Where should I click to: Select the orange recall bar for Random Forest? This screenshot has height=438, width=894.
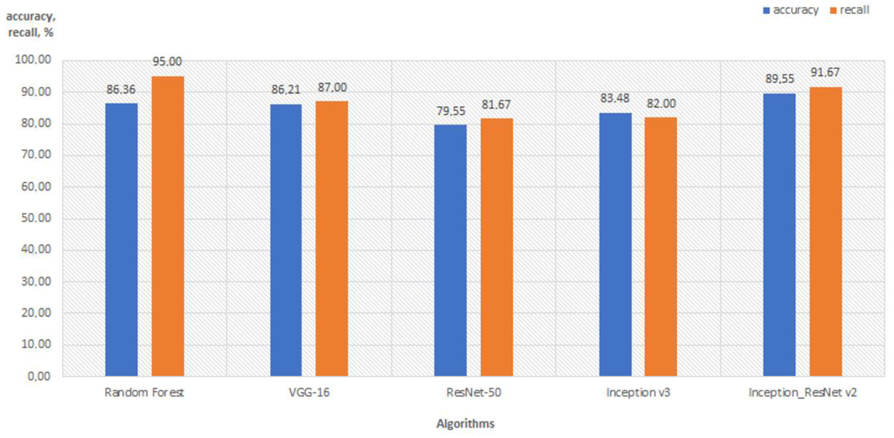click(167, 226)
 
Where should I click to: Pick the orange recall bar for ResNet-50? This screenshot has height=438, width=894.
click(497, 247)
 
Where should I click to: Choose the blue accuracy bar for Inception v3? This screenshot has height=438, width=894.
click(615, 243)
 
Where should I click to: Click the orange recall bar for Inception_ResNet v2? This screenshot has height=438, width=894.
click(826, 231)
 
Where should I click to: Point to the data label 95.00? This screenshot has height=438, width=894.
click(167, 62)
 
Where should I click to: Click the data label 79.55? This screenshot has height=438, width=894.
click(451, 111)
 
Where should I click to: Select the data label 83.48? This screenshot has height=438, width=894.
click(614, 98)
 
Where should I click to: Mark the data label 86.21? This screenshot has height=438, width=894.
click(285, 90)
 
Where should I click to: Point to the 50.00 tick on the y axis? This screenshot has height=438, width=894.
click(36, 218)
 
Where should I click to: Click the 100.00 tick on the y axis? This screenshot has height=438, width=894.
click(33, 60)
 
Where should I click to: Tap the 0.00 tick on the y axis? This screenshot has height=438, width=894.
click(39, 376)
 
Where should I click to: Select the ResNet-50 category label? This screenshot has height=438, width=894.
click(473, 393)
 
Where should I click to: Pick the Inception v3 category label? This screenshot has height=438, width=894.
click(638, 393)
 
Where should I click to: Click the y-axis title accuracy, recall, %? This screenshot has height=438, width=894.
click(31, 24)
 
